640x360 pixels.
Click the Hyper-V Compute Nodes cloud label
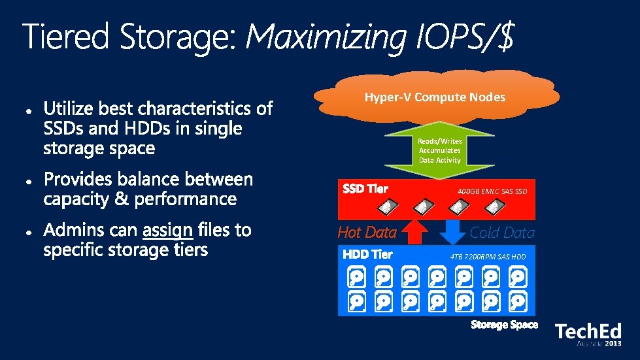[x=435, y=97]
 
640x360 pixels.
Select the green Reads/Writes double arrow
[x=439, y=150]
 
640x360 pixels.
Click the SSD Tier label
[x=366, y=189]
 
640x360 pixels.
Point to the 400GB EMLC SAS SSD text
[x=492, y=191]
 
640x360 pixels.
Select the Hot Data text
[x=367, y=232]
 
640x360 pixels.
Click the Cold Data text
[x=502, y=233]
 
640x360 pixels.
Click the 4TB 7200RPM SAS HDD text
[x=488, y=257]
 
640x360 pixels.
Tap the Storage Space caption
[x=505, y=325]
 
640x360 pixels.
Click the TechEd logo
[x=588, y=333]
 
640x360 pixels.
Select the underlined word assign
[x=167, y=230]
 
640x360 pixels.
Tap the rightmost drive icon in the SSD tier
[x=493, y=207]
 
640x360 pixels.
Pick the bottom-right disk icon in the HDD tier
[x=518, y=302]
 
